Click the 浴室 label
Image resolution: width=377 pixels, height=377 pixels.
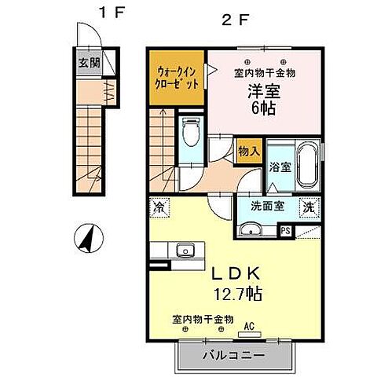(x=280, y=167)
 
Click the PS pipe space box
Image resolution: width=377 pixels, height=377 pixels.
(x=286, y=230)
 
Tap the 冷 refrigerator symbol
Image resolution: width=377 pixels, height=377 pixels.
(x=159, y=208)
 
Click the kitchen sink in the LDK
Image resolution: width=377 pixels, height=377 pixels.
(x=186, y=251)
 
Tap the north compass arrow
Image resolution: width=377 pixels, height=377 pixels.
(x=88, y=238)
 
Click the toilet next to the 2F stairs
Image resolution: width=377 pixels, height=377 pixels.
(x=191, y=134)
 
